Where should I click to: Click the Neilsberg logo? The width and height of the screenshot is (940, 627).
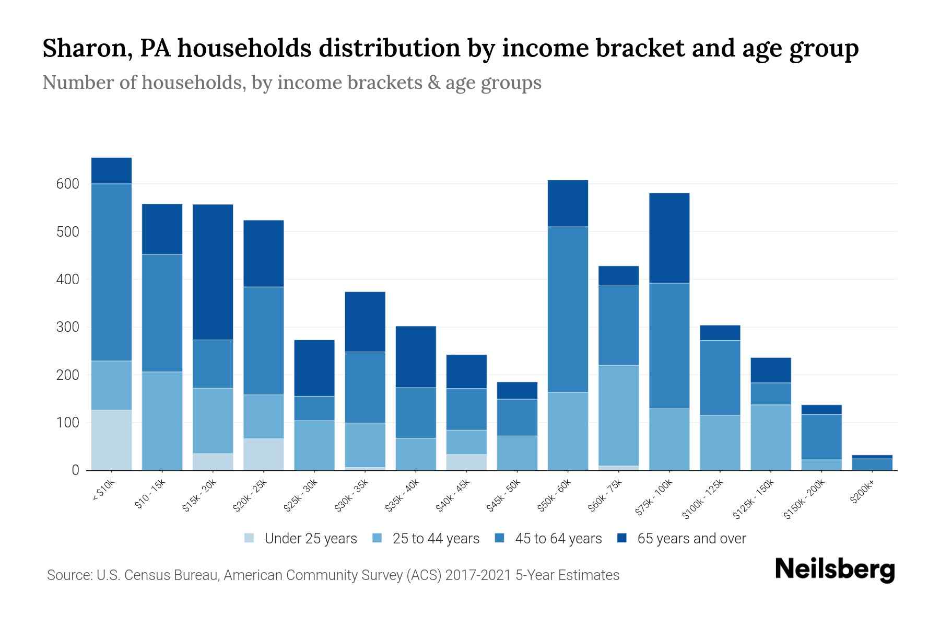tap(835, 570)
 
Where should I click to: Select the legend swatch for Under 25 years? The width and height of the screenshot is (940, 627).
tap(250, 538)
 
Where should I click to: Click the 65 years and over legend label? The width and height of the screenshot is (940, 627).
tap(691, 539)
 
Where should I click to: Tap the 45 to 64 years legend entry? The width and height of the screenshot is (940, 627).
tap(558, 539)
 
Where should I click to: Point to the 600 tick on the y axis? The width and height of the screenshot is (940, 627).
tap(68, 184)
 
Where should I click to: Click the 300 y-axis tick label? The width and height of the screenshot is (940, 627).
tap(68, 327)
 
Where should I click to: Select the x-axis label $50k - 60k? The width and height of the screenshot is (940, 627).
tap(556, 495)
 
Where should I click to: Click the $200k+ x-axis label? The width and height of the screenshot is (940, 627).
tap(863, 492)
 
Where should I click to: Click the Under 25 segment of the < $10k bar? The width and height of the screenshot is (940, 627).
tap(111, 440)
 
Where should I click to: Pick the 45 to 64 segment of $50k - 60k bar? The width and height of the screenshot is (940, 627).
tap(568, 309)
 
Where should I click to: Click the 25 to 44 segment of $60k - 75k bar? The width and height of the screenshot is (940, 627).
tap(618, 415)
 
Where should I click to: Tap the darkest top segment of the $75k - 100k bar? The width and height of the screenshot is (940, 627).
tap(669, 238)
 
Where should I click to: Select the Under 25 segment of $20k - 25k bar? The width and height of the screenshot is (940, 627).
tap(264, 454)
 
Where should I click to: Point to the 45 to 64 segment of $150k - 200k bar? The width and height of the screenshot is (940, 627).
tap(821, 437)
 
